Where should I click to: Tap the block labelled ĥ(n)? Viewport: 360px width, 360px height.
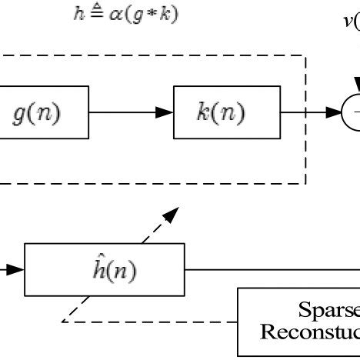pyautogui.click(x=105, y=269)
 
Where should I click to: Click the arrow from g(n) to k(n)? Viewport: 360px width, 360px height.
pyautogui.click(x=132, y=112)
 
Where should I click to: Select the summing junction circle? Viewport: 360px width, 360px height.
pyautogui.click(x=352, y=112)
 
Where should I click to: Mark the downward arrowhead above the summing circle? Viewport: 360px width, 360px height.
pyautogui.click(x=355, y=83)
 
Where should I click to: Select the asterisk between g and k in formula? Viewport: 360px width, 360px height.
pyautogui.click(x=151, y=15)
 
